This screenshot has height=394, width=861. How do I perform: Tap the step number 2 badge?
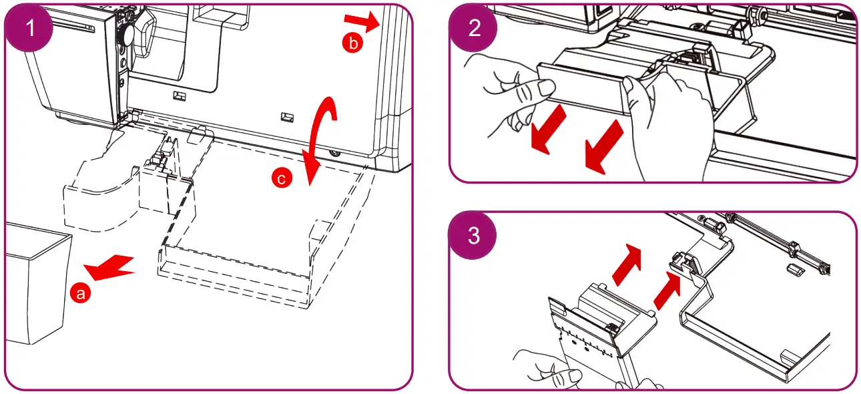(x=473, y=28)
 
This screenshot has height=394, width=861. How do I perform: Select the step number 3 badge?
(x=473, y=236)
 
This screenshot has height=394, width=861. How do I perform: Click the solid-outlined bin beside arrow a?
(x=35, y=284)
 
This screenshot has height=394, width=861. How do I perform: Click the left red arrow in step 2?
(x=547, y=130)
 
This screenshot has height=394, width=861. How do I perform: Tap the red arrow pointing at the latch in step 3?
(x=667, y=290)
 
